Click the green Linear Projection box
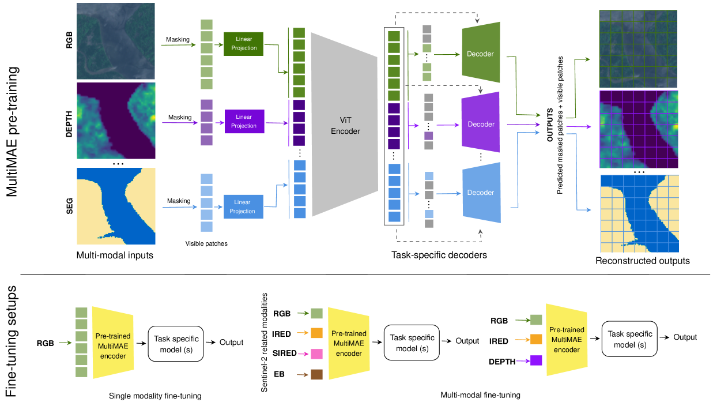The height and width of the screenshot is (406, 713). pos(243,44)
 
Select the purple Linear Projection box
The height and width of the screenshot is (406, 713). pos(244,122)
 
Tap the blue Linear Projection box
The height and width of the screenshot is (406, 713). pos(243,206)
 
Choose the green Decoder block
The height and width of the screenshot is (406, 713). pos(481,54)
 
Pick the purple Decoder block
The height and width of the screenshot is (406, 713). pos(481,124)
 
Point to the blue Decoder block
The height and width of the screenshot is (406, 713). pos(481,193)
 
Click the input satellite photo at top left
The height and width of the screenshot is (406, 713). pos(116,41)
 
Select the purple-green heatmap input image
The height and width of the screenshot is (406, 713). pos(116,121)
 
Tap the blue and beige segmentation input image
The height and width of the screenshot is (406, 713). pos(116,206)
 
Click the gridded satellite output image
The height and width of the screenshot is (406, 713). pos(638,48)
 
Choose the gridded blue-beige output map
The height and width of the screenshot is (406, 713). pos(639,213)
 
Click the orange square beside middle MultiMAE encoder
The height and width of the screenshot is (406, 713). pos(316,333)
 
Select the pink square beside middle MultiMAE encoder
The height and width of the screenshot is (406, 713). pos(316,354)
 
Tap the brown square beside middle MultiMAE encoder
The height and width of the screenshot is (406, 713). pos(316,375)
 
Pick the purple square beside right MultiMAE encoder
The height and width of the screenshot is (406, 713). pos(536,360)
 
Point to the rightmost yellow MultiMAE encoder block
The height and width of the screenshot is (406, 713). pos(567,340)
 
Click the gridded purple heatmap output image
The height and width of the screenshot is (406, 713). pos(639,129)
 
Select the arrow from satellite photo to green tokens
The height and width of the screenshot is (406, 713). pos(178,44)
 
